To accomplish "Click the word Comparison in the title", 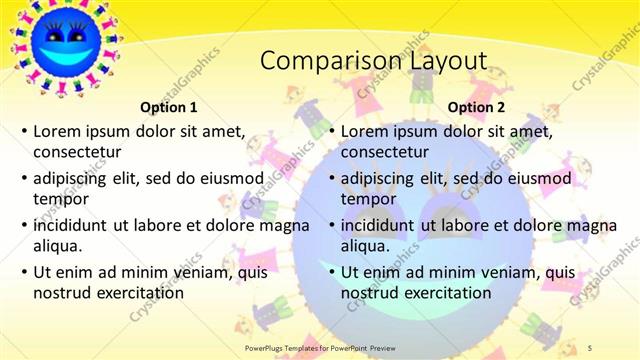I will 316,62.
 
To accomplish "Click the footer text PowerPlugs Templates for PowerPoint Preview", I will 319,345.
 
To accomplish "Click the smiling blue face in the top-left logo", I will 63,43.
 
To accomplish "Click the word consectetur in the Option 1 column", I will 77,152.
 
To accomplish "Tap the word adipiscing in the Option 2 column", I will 378,178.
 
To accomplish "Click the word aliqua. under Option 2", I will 365,246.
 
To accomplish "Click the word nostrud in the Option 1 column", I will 62,293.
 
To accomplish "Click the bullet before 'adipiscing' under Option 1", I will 24,178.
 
